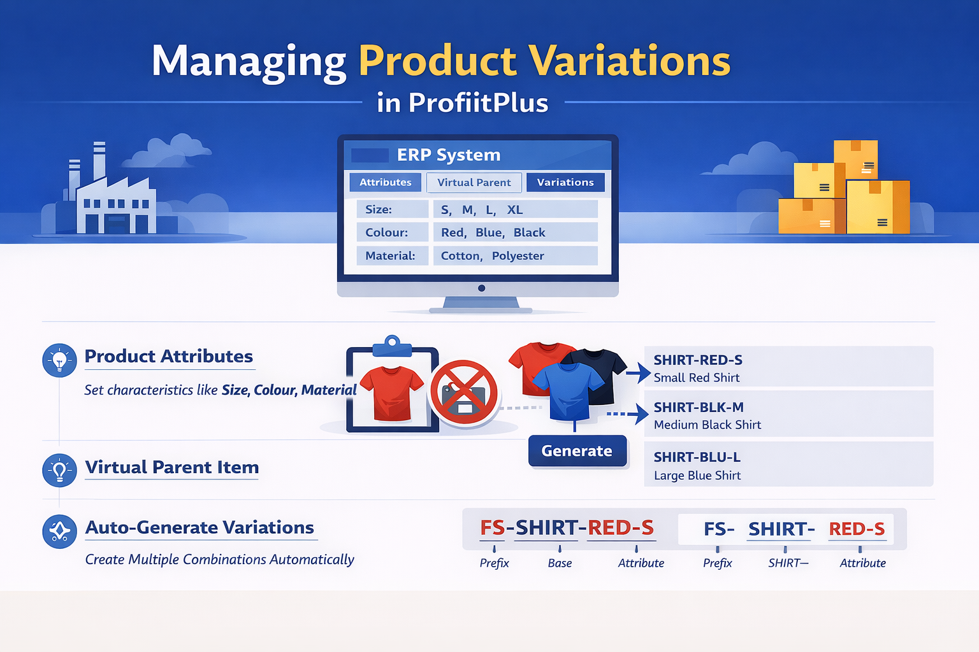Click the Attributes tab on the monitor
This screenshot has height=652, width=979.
(385, 182)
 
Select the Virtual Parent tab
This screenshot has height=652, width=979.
(474, 182)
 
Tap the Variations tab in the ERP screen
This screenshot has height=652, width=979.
(565, 182)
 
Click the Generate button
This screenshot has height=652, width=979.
(577, 451)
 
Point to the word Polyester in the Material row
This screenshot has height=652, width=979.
(518, 255)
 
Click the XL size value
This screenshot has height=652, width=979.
(514, 209)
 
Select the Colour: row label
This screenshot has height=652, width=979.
(386, 232)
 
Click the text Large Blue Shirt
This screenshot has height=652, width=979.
(697, 475)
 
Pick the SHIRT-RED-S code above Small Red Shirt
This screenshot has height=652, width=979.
(698, 360)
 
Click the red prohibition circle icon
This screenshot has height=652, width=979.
(464, 392)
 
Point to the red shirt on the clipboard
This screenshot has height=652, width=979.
(391, 393)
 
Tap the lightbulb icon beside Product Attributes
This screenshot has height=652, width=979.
(59, 360)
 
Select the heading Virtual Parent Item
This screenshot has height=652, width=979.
(171, 467)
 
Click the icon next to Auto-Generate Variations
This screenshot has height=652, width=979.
(59, 531)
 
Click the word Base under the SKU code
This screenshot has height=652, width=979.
(560, 563)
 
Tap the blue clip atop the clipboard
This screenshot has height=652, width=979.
(392, 346)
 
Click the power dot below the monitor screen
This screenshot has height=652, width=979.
(481, 288)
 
